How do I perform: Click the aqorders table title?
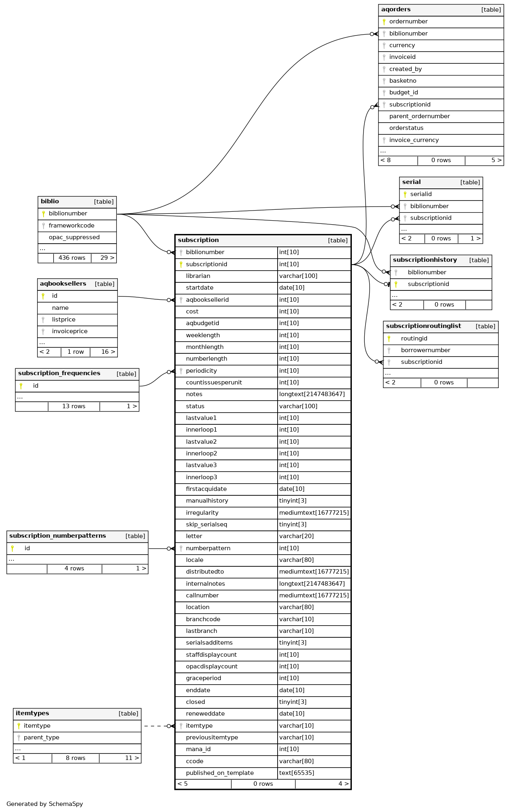pyautogui.click(x=396, y=10)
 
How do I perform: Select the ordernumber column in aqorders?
pyautogui.click(x=408, y=22)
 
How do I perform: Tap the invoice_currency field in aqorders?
pyautogui.click(x=414, y=140)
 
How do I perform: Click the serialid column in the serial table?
pyautogui.click(x=421, y=194)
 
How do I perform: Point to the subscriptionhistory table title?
pyautogui.click(x=425, y=260)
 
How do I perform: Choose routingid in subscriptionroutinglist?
pyautogui.click(x=414, y=338)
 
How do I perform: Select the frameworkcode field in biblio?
pyautogui.click(x=71, y=225)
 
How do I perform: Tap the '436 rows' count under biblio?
pyautogui.click(x=72, y=258)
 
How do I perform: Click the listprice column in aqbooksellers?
pyautogui.click(x=64, y=319)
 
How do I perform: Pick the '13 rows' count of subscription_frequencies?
pyautogui.click(x=74, y=406)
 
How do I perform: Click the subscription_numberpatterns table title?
pyautogui.click(x=58, y=536)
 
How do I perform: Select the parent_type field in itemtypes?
pyautogui.click(x=42, y=737)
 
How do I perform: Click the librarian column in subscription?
pyautogui.click(x=198, y=276)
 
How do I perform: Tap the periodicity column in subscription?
pyautogui.click(x=201, y=371)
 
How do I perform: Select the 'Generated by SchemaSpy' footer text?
pyautogui.click(x=45, y=804)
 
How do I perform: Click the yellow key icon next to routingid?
pyautogui.click(x=389, y=338)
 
